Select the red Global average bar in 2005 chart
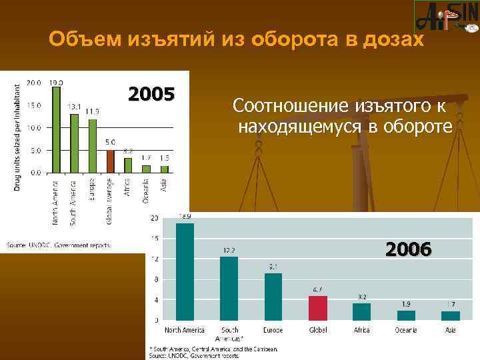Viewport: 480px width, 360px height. [x=111, y=161]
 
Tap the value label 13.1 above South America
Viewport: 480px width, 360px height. [x=74, y=107]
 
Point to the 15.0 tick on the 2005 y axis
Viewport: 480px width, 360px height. [x=34, y=105]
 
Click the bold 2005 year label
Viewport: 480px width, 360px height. [x=151, y=93]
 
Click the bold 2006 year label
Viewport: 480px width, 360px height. [x=409, y=249]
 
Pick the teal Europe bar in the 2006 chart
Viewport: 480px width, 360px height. [x=273, y=297]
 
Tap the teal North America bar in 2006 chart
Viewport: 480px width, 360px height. [x=185, y=271]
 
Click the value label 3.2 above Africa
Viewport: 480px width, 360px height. [x=361, y=297]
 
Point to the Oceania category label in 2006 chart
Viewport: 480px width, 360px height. [x=406, y=330]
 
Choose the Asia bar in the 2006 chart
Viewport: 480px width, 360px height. [x=451, y=316]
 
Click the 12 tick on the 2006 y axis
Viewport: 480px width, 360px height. [x=154, y=259]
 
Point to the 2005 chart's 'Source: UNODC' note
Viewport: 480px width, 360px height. [x=59, y=245]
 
